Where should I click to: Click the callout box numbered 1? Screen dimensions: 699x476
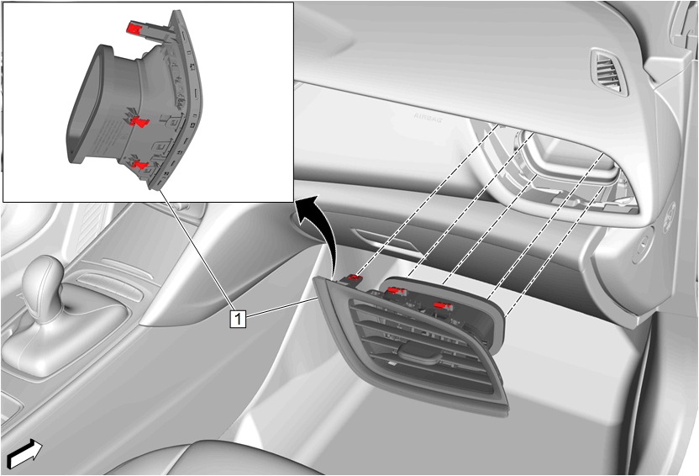(x=238, y=319)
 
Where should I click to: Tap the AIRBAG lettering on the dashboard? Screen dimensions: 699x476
(x=428, y=118)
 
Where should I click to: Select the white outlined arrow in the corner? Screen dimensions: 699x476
(x=25, y=453)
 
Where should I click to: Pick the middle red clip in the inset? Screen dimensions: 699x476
(x=139, y=120)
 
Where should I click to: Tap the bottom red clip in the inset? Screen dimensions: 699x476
(x=140, y=165)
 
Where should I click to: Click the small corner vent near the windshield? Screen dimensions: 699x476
(x=609, y=71)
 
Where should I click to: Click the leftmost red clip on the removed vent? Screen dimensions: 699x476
(x=355, y=278)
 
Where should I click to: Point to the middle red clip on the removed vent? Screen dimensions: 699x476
(x=395, y=290)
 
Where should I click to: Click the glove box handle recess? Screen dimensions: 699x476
(x=385, y=241)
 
